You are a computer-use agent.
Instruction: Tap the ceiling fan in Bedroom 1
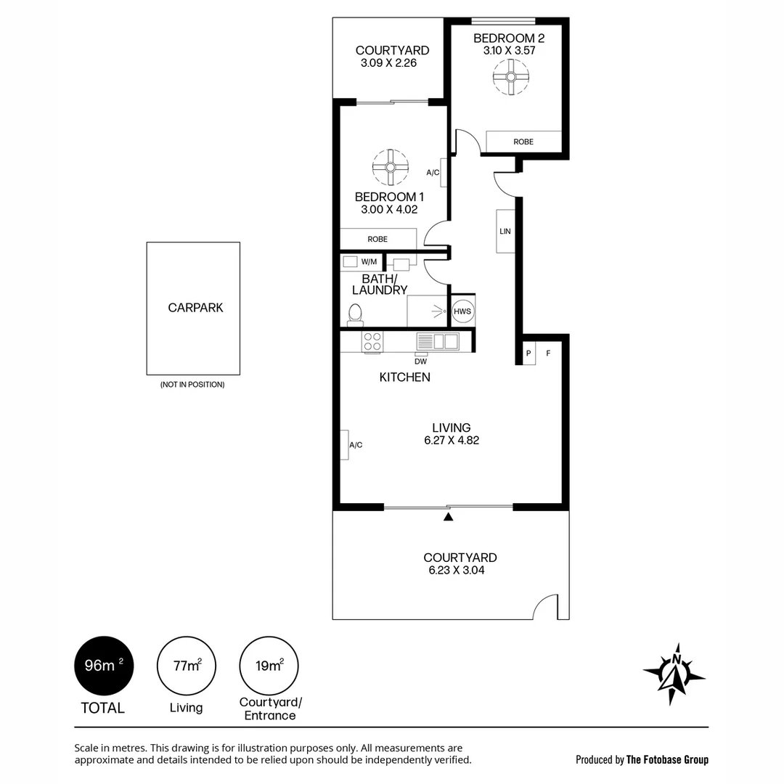(x=391, y=168)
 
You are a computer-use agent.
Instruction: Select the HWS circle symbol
(x=462, y=311)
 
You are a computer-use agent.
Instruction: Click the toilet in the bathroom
(x=355, y=313)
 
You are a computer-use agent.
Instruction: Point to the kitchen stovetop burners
(x=372, y=341)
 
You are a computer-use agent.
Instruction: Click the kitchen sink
(x=438, y=341)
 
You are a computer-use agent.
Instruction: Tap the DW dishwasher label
(x=420, y=361)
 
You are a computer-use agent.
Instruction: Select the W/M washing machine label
(x=369, y=261)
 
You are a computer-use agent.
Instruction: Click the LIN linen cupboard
(x=505, y=231)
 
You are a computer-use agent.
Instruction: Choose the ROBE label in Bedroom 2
(x=523, y=142)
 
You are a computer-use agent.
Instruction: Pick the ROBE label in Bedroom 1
(x=377, y=239)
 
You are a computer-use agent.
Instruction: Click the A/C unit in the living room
(x=345, y=444)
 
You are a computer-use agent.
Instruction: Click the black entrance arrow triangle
(x=448, y=517)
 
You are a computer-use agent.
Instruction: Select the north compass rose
(x=674, y=674)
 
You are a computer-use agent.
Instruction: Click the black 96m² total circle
(x=104, y=666)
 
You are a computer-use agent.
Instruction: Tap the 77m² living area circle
(x=187, y=666)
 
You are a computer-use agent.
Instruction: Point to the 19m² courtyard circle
(x=269, y=666)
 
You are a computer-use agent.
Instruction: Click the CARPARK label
(x=195, y=308)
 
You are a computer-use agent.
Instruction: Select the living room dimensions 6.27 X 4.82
(x=452, y=440)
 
